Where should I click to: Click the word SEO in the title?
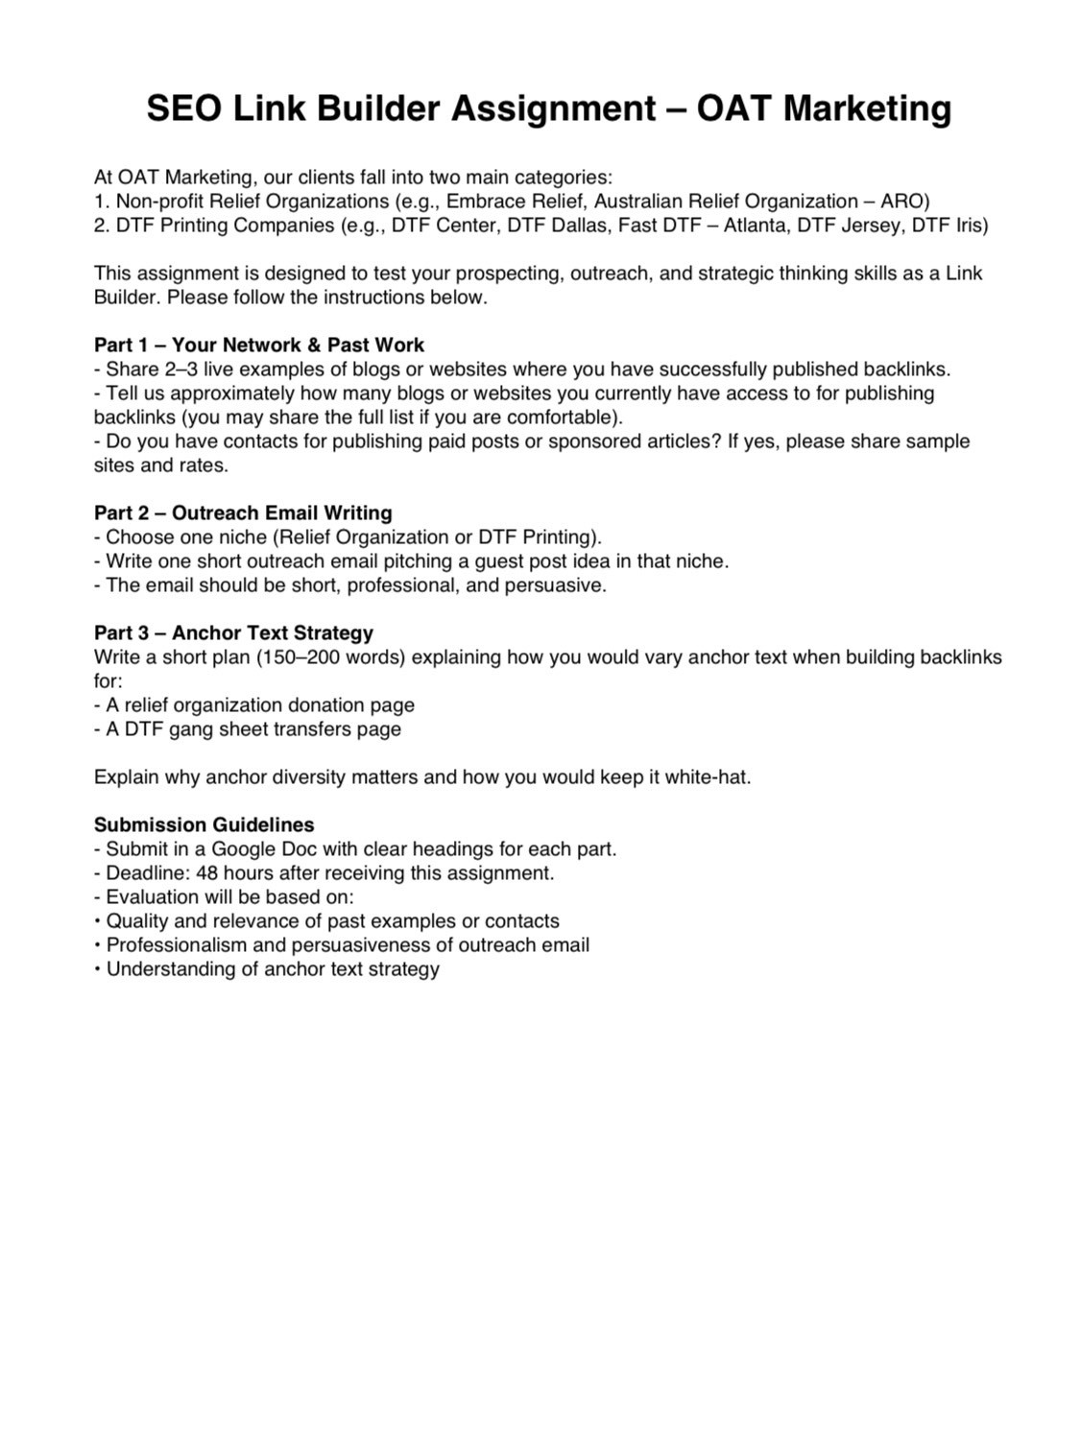[x=182, y=108]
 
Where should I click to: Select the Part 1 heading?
[x=259, y=345]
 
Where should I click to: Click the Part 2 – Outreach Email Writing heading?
[x=243, y=512]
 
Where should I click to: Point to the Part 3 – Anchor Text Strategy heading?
[x=233, y=632]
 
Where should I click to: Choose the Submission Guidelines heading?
[x=204, y=824]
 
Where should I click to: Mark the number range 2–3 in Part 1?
[x=173, y=369]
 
